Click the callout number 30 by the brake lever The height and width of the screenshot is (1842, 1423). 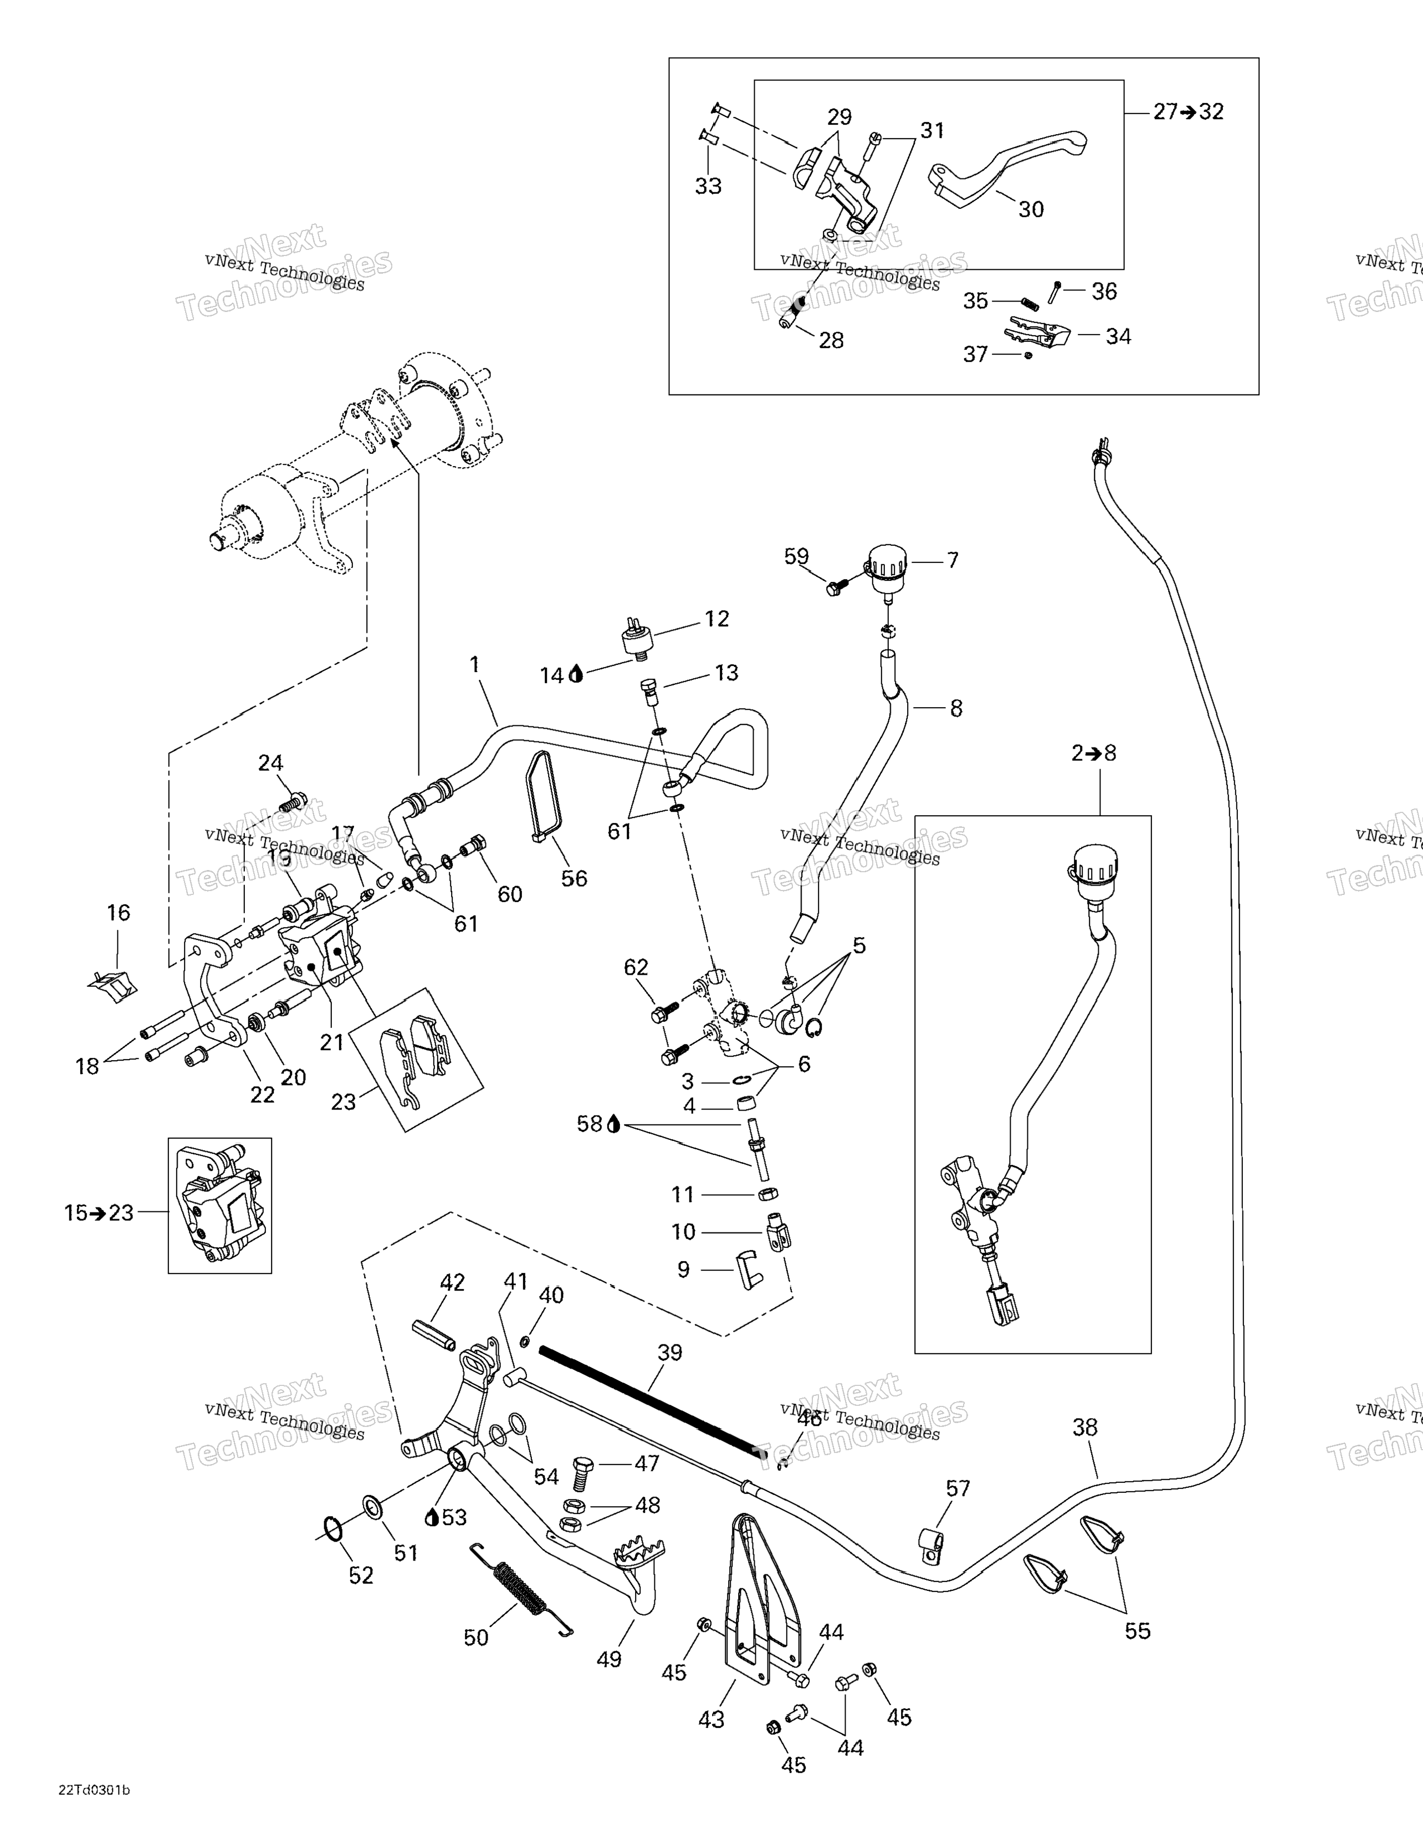coord(1031,209)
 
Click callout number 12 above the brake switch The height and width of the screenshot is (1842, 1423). coord(716,618)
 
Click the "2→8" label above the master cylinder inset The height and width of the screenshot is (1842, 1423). coord(1093,753)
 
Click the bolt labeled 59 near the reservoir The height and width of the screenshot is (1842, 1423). coord(836,588)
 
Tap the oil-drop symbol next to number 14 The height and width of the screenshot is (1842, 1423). coord(577,674)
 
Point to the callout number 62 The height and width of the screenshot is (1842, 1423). coord(636,968)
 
